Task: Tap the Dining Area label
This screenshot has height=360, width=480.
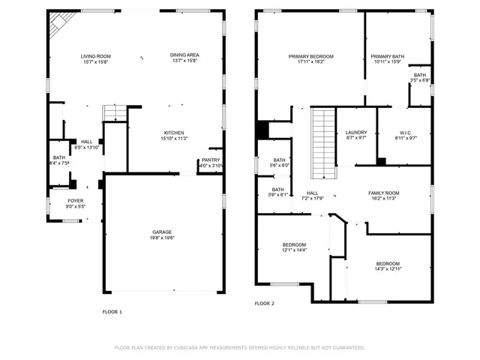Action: click(x=184, y=56)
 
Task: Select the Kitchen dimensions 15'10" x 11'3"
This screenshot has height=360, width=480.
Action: click(x=174, y=139)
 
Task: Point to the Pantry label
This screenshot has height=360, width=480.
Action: click(x=211, y=160)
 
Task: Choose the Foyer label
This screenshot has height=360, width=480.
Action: click(x=76, y=201)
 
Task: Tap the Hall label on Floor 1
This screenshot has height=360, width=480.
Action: click(x=87, y=142)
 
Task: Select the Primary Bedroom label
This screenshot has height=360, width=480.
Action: click(x=310, y=56)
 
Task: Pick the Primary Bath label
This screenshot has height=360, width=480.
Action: click(x=387, y=56)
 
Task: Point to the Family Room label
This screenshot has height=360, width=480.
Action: click(x=383, y=193)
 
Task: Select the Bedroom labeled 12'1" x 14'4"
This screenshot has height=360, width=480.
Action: click(x=294, y=245)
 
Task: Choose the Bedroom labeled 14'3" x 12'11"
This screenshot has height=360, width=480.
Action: click(x=388, y=264)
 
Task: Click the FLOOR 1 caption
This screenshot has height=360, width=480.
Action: click(x=112, y=312)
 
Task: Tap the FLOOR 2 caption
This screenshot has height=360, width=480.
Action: click(x=265, y=304)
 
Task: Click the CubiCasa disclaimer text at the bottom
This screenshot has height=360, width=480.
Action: click(x=239, y=348)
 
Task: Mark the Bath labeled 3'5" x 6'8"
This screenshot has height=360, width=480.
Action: click(x=419, y=75)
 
